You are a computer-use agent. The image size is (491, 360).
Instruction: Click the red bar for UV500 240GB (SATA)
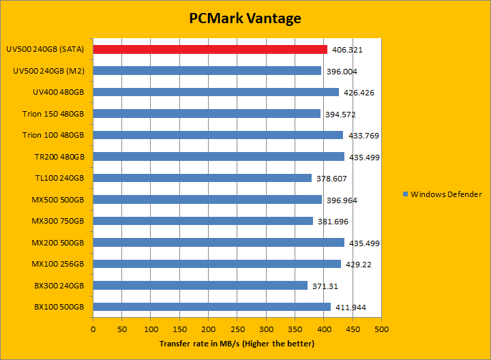coord(210,49)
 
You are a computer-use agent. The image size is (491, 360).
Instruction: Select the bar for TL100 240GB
coord(203,178)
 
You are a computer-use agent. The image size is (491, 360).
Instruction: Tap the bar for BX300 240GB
coord(200,285)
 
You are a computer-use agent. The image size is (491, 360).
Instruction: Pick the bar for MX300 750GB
coord(203,221)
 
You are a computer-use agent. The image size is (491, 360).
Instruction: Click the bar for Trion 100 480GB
coord(218,135)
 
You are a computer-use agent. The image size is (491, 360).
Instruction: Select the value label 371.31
coord(324,286)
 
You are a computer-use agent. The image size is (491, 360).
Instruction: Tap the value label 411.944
coord(351,307)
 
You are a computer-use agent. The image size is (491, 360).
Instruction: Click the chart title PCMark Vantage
coord(245,18)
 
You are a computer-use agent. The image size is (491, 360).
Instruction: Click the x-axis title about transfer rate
coord(237,343)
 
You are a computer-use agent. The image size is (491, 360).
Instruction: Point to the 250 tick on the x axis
coord(237,329)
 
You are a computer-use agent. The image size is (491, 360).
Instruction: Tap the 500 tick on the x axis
coord(381,329)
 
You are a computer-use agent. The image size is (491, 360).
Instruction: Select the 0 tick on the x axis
coord(93,329)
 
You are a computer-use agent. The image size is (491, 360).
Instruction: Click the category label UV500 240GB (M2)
coord(49,71)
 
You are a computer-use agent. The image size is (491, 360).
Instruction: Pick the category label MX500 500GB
coord(58,200)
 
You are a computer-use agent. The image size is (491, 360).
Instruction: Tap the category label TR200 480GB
coord(59,157)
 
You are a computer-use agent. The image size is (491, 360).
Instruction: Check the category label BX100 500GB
coord(59,307)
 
